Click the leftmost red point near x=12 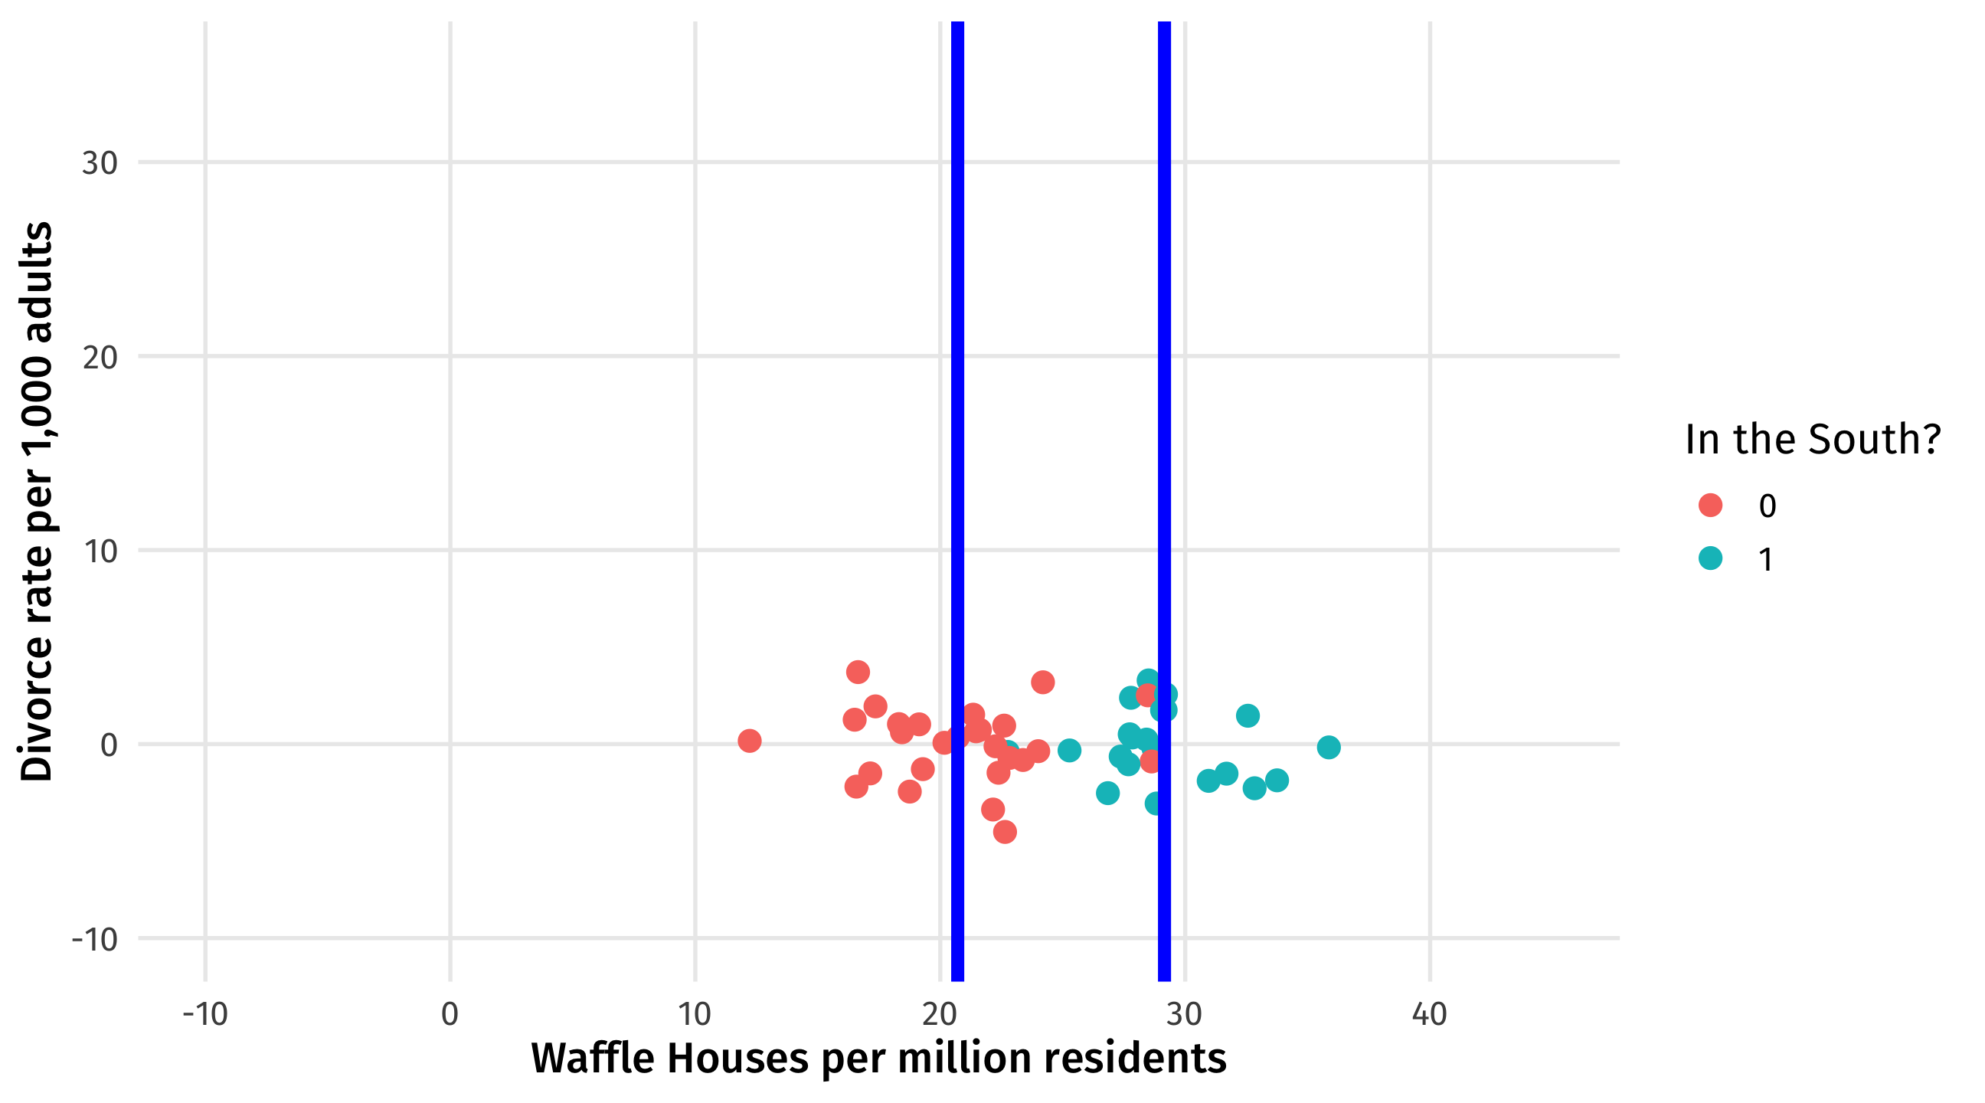749,741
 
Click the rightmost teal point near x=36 1329,747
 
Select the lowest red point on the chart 1005,832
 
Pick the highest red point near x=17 858,672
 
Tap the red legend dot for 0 1711,506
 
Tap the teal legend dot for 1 1711,558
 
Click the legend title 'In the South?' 1813,440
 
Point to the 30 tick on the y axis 100,162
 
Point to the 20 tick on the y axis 100,357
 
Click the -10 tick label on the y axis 94,939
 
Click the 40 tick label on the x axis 1430,1014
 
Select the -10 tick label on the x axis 205,1014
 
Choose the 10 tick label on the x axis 695,1014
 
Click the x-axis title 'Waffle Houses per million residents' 878,1059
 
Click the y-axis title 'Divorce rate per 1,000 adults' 37,501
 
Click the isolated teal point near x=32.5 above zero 1248,715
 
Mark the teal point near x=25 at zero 1069,750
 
